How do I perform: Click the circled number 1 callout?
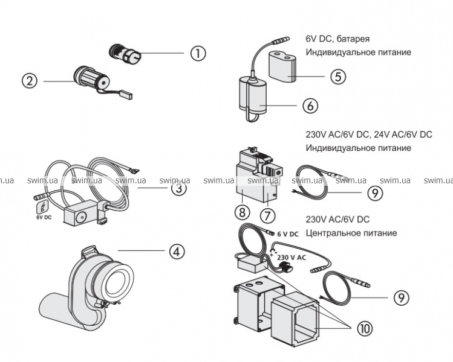(x=198, y=53)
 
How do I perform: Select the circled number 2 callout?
(x=30, y=81)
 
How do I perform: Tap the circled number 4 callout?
(x=177, y=252)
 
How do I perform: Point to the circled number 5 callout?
(x=337, y=77)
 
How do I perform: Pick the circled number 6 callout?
(x=310, y=106)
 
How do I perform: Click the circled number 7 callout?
(x=267, y=215)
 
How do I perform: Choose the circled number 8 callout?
(x=242, y=212)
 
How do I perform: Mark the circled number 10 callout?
(x=365, y=328)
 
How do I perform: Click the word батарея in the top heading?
(x=353, y=39)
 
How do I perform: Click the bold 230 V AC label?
(x=292, y=257)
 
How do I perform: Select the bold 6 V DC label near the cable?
(x=288, y=234)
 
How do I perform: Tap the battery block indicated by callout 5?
(x=282, y=66)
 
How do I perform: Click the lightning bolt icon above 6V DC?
(x=43, y=207)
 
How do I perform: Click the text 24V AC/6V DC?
(x=403, y=135)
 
